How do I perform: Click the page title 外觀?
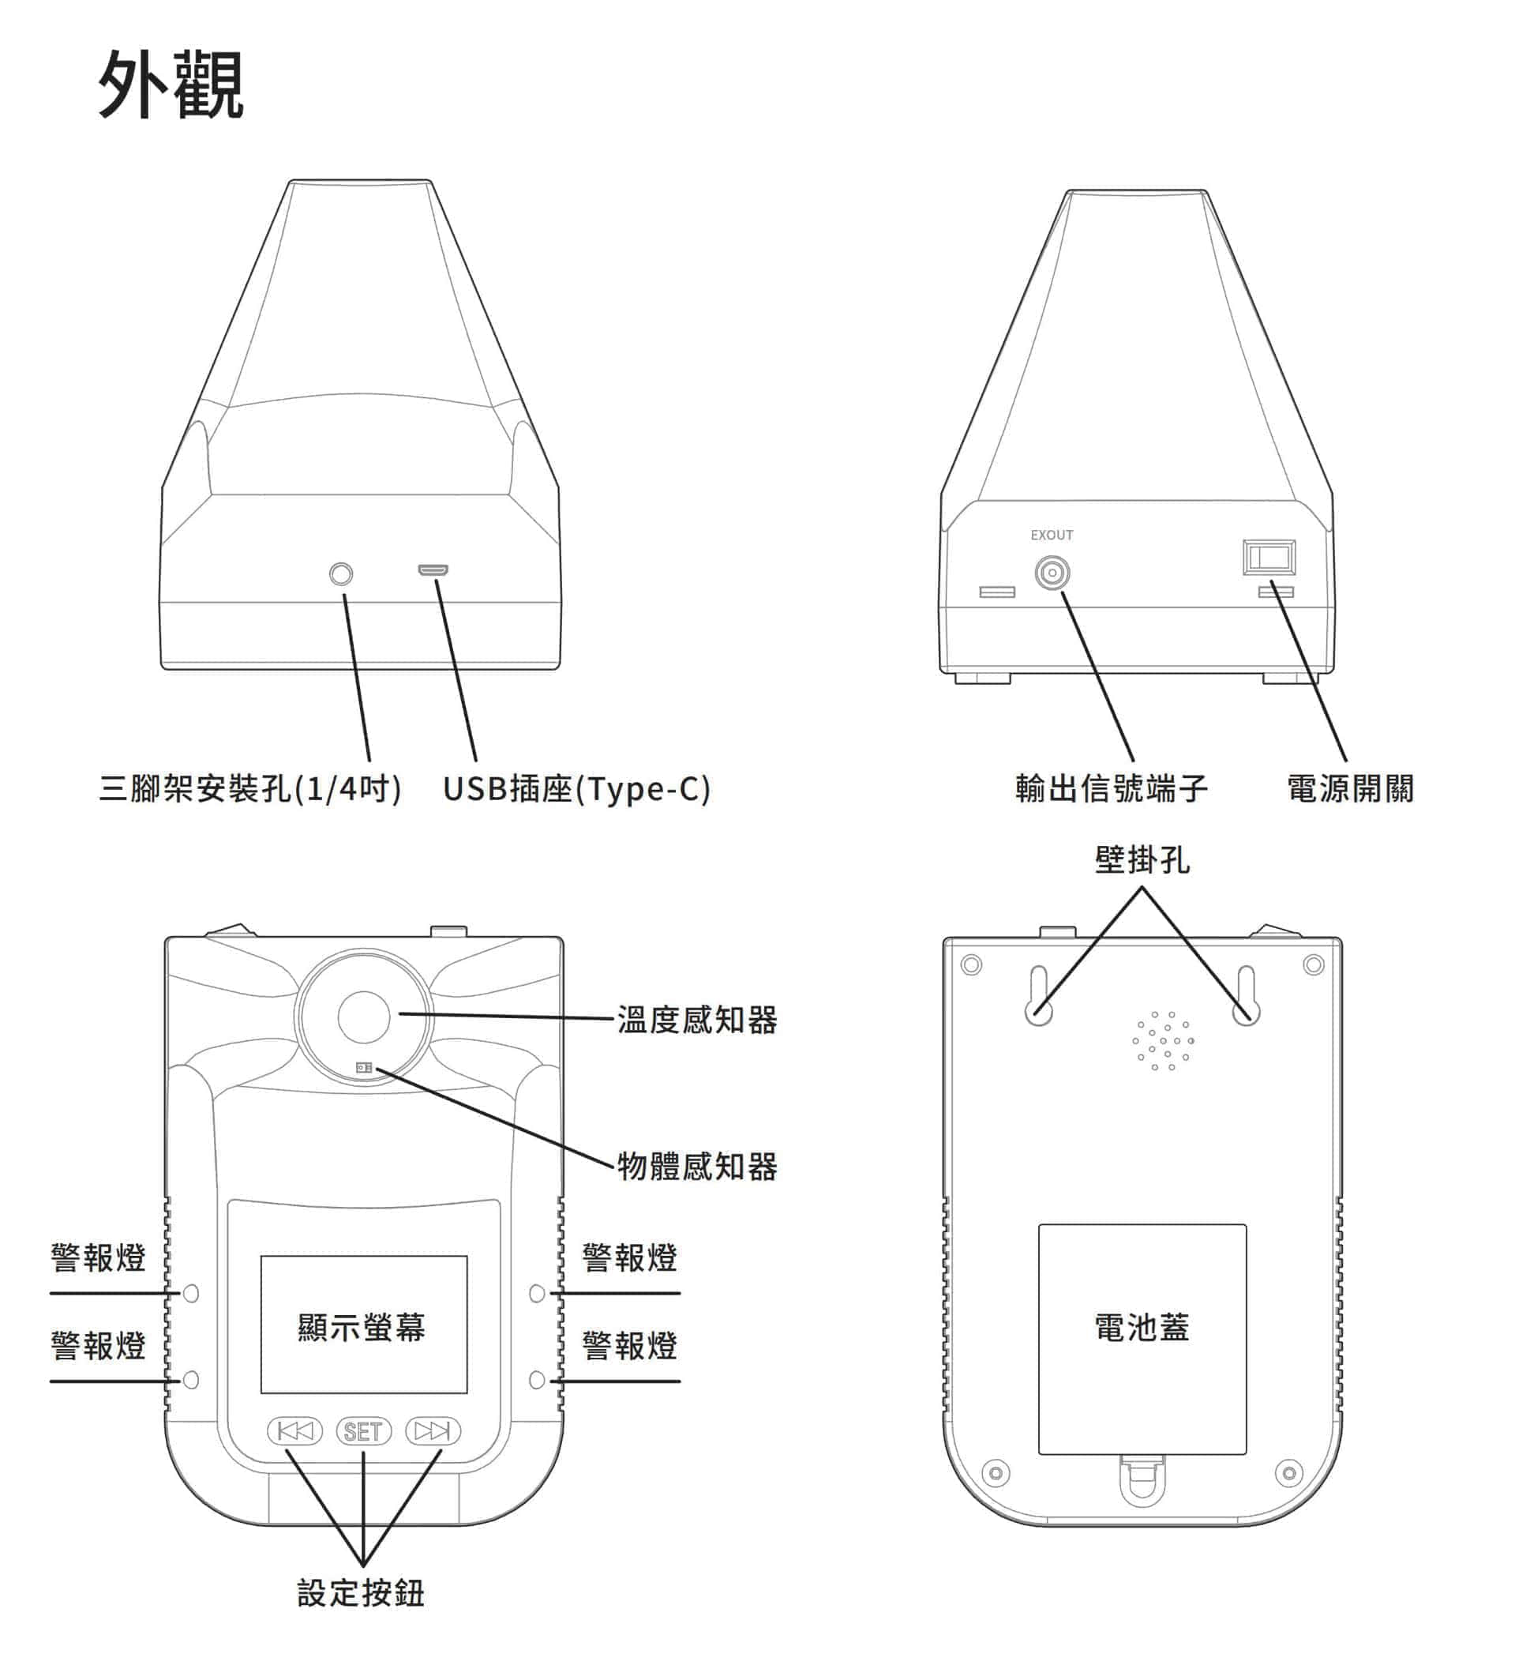tap(171, 85)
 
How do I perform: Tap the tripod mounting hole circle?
tap(341, 574)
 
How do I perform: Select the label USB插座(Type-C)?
tap(576, 789)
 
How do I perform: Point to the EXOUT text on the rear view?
tap(1052, 536)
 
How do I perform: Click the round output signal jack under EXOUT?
tap(1052, 573)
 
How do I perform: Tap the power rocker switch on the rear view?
tap(1269, 558)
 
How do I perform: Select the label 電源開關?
tap(1351, 789)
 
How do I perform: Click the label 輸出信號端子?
tap(1112, 789)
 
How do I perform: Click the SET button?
tap(363, 1431)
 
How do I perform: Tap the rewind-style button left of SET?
tap(294, 1431)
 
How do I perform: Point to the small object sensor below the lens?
tap(364, 1068)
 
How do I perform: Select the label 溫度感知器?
tap(698, 1020)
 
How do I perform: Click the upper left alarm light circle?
tap(191, 1293)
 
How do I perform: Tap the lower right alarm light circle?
tap(537, 1380)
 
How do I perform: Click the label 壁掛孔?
tap(1142, 861)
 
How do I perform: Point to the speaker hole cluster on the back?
tap(1163, 1042)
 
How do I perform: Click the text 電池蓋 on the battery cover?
tap(1142, 1328)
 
